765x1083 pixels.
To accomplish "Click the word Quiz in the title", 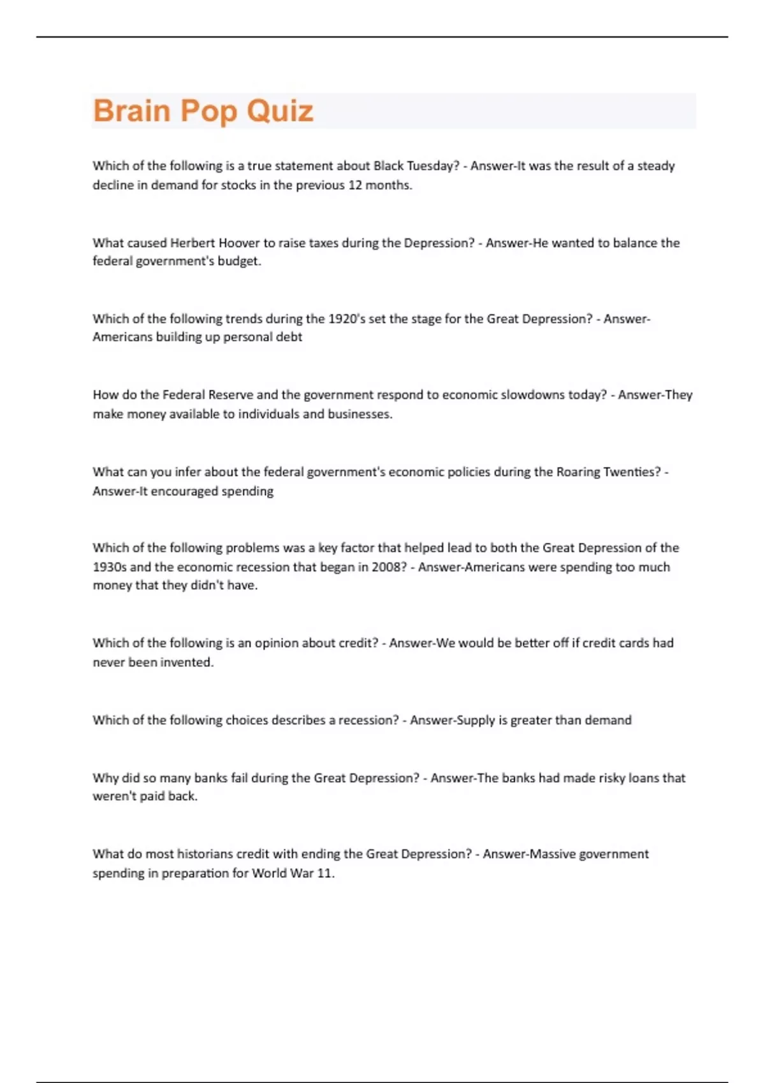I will coord(280,111).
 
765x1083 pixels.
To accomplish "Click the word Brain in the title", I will coord(132,111).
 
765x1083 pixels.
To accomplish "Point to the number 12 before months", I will coord(354,185).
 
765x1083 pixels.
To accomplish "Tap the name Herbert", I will coord(193,243).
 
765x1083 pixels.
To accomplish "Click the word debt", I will coord(289,337).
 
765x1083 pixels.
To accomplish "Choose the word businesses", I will coord(360,414).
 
